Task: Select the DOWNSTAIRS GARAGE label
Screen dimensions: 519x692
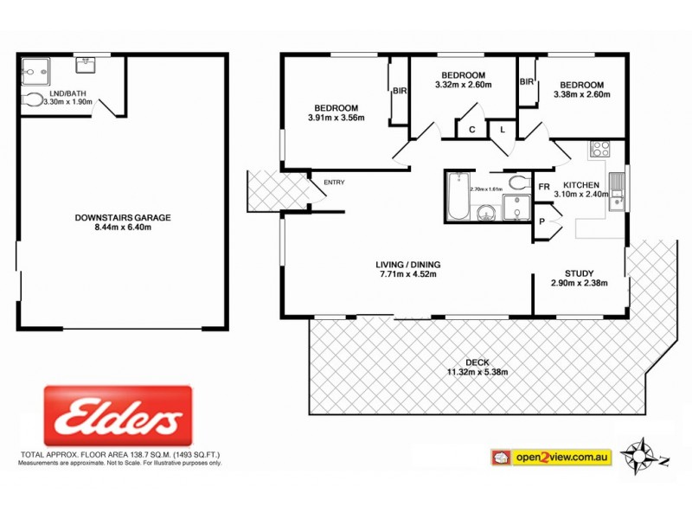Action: (122, 217)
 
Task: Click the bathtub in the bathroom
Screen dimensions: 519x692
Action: (456, 197)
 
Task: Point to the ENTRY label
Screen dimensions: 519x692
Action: (333, 183)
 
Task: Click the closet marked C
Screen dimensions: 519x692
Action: (471, 130)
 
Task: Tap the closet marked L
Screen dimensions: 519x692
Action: (503, 130)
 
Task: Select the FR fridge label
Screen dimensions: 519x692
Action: (545, 187)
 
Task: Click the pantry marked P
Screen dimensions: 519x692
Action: (542, 221)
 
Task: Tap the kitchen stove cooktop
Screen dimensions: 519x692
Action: (599, 148)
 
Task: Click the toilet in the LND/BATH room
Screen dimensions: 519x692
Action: (33, 101)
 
